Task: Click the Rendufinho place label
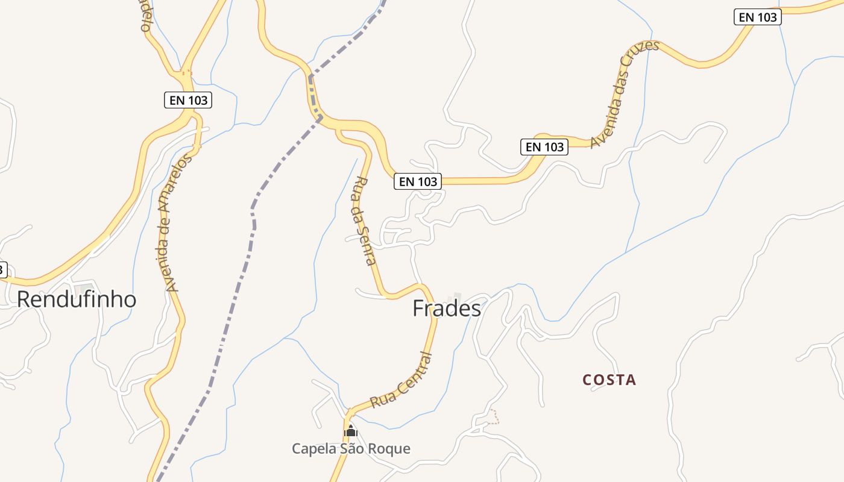77,299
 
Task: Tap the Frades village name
447,308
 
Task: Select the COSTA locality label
609,380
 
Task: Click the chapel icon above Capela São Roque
350,431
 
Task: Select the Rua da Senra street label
364,221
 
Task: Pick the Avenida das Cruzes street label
625,94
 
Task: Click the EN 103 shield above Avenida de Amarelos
188,100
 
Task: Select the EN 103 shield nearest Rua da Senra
418,181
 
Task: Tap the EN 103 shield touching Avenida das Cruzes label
544,146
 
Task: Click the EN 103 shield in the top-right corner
758,17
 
